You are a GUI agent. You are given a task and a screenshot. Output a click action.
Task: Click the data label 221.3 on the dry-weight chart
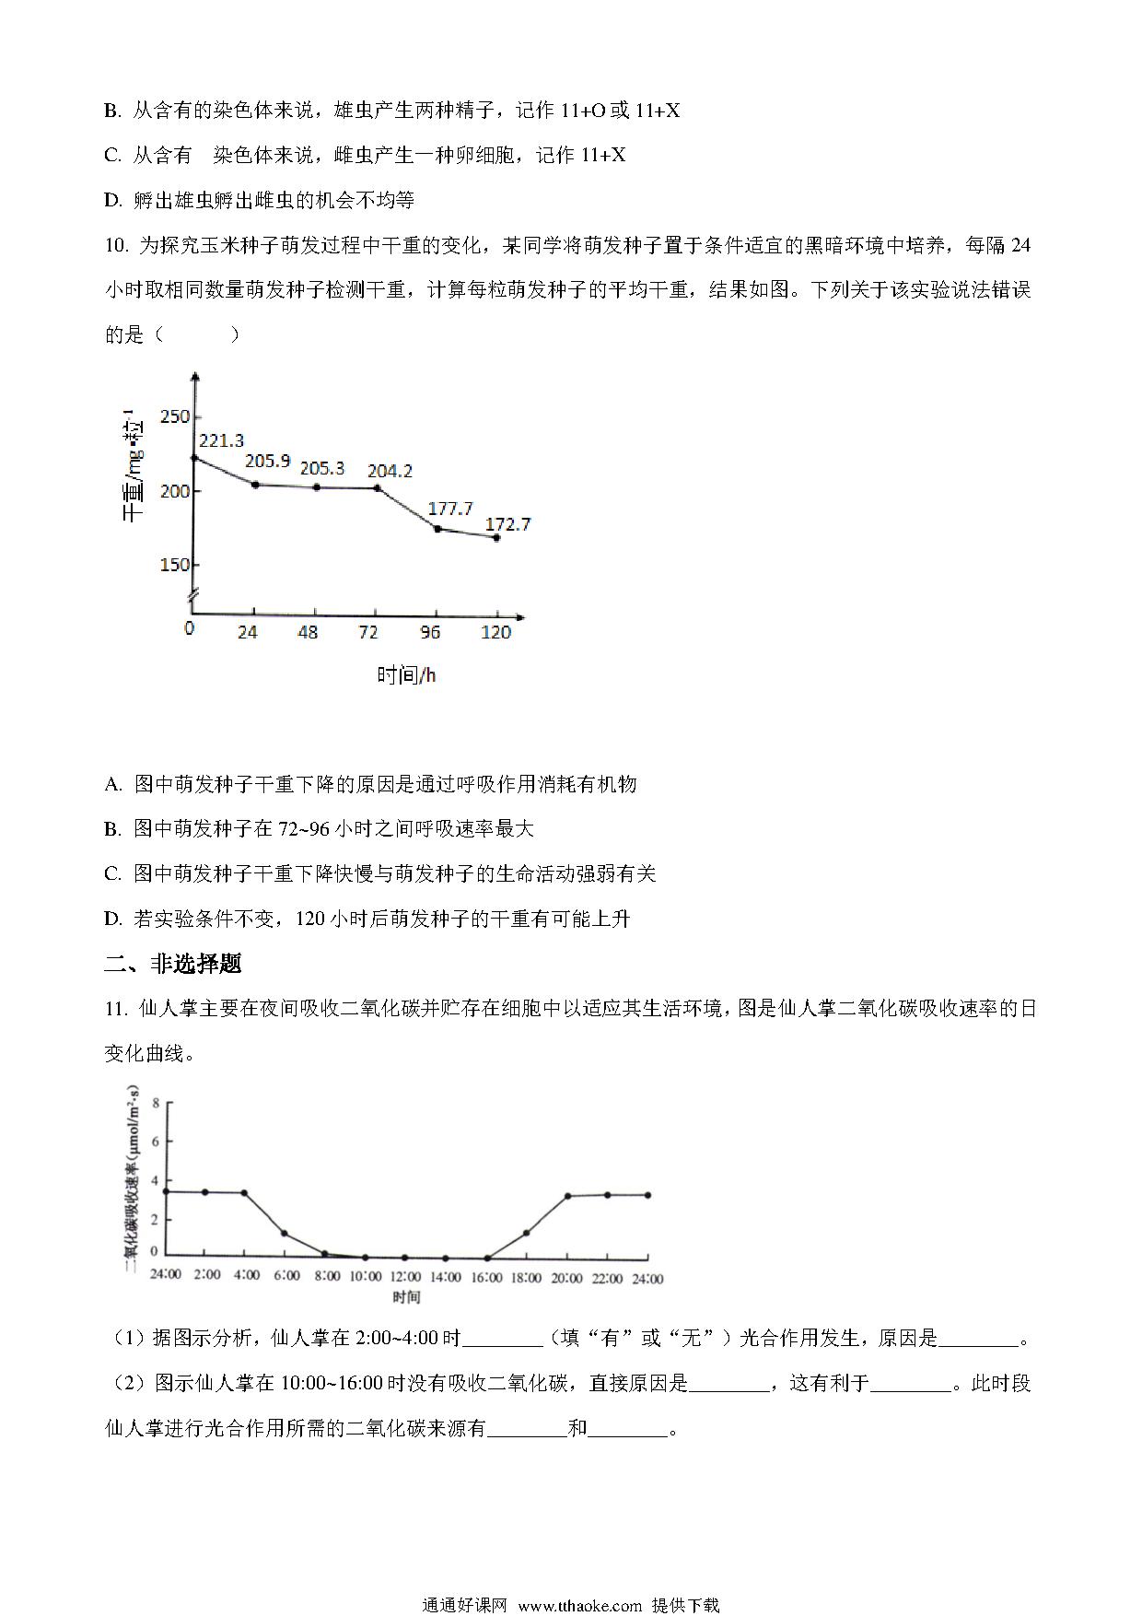point(221,441)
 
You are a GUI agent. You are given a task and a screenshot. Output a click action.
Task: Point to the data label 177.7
point(450,509)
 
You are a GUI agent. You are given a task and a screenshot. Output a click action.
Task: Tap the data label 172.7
point(508,524)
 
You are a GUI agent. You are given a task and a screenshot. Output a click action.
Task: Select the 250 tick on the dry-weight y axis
point(174,416)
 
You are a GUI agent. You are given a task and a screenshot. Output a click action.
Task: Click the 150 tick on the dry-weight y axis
point(174,565)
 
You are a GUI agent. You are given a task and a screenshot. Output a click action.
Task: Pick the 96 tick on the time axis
point(430,633)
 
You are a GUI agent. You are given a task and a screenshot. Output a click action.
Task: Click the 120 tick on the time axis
point(495,633)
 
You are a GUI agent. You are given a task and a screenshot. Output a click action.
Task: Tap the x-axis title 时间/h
point(406,675)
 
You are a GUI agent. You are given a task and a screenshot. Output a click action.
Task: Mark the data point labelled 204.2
point(377,487)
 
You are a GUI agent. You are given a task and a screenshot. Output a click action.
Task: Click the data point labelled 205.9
point(254,485)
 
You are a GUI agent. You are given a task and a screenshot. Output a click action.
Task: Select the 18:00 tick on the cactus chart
point(526,1278)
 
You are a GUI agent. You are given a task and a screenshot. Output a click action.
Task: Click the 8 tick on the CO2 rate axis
point(156,1103)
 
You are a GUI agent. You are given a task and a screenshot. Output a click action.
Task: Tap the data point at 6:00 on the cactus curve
point(285,1233)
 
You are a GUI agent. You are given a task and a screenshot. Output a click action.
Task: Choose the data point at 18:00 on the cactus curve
point(526,1233)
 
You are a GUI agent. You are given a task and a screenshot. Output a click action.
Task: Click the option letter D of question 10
point(112,919)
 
